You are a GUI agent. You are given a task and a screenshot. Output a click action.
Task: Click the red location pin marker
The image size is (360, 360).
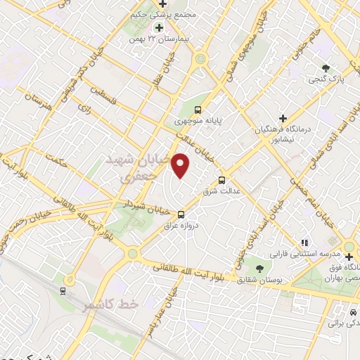point(181,165)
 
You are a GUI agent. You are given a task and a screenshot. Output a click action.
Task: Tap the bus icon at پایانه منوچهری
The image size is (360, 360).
point(198,110)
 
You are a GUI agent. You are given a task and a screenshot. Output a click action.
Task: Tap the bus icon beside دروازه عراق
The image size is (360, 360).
point(181,214)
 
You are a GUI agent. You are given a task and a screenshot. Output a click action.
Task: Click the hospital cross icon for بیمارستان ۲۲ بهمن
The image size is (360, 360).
point(160,27)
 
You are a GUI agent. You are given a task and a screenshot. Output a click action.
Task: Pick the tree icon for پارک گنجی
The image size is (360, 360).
point(325,67)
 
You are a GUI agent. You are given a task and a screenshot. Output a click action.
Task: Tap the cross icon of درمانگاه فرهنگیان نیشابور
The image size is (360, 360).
point(283,117)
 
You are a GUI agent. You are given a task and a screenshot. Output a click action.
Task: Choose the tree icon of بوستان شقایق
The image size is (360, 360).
point(259,269)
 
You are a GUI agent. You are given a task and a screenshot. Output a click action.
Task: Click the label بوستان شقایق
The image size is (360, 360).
point(259,281)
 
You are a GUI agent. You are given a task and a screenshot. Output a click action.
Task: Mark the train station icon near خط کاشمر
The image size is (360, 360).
point(63,290)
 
